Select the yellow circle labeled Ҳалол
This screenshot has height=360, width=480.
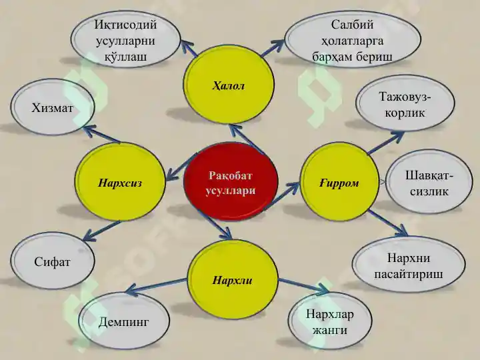229,84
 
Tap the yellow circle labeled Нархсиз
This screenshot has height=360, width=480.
120,182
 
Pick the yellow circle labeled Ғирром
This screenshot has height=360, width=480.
339,182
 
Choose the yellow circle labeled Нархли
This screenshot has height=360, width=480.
233,279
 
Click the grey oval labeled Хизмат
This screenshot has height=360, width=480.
53,107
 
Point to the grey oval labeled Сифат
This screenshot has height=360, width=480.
53,261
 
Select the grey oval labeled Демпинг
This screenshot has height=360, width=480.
124,321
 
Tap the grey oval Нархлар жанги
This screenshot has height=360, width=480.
330,321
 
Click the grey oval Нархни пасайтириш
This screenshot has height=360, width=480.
409,265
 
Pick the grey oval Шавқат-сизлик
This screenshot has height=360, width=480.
429,182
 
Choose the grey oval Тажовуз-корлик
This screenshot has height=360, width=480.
405,104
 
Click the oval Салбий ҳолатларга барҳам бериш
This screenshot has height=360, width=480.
353,40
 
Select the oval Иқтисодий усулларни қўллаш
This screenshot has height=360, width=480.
125,39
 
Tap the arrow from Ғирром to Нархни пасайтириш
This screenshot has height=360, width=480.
388,223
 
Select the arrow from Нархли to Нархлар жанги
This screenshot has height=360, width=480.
303,285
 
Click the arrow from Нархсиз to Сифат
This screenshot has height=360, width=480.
101,231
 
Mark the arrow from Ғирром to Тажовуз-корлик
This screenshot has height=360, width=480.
386,143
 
